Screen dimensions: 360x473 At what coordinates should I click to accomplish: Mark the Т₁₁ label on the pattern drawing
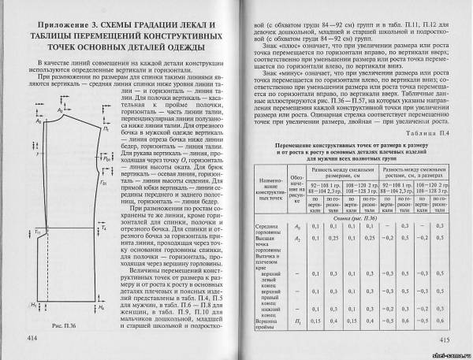pos(37,230)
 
